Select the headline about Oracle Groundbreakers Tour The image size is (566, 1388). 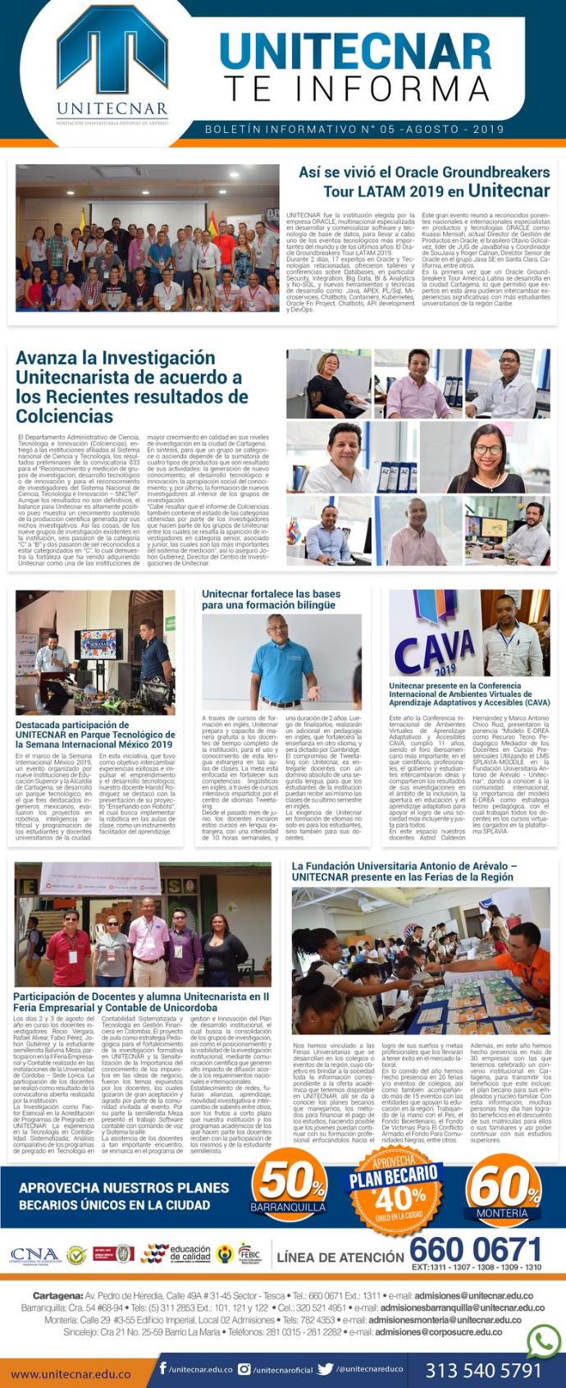(x=423, y=181)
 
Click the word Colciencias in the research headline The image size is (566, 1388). (x=65, y=416)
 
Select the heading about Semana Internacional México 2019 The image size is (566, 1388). (x=94, y=735)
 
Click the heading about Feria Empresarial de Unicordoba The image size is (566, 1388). (x=140, y=1002)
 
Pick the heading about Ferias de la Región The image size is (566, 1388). (x=404, y=872)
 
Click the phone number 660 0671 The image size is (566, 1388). (x=475, y=1250)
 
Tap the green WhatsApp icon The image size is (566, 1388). (x=544, y=1342)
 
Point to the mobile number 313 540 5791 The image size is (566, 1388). (x=483, y=1371)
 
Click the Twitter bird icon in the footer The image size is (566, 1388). (x=325, y=1369)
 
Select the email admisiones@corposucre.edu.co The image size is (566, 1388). (x=438, y=1331)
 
